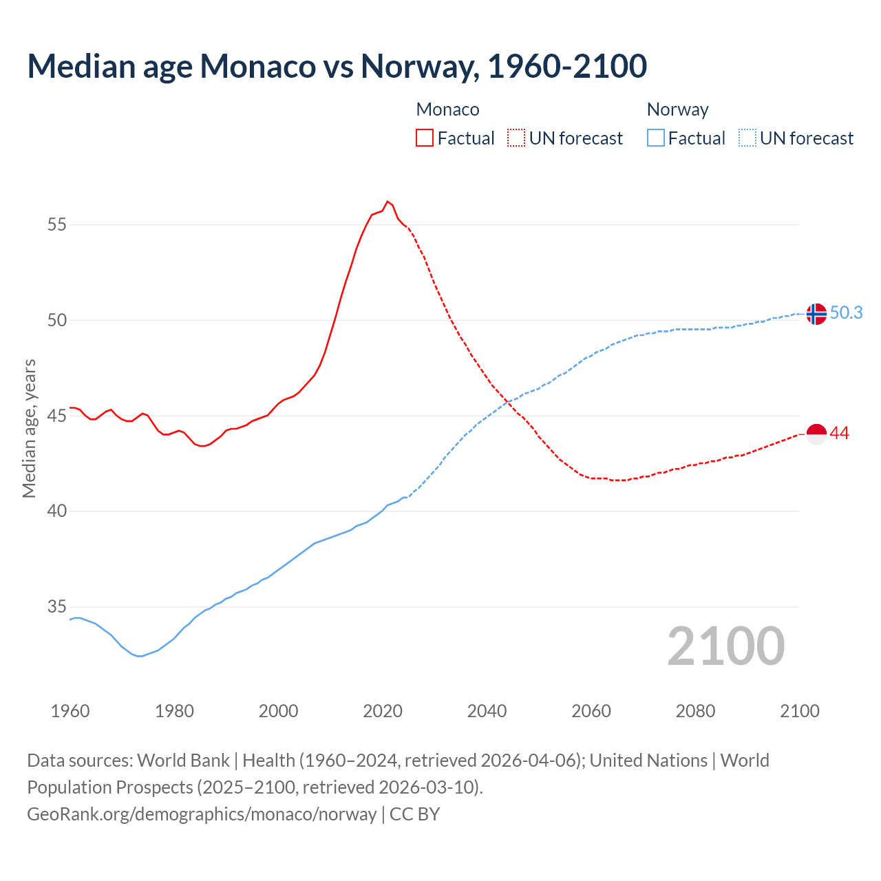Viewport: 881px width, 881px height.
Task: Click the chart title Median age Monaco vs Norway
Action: tap(337, 66)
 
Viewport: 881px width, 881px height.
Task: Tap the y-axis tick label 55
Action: tap(57, 224)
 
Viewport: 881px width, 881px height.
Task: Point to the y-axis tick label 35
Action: tap(57, 607)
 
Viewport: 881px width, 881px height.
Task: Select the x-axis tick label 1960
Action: tap(70, 711)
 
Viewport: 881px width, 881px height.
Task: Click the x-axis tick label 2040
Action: tap(487, 711)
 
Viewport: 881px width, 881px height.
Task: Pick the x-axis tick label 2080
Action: tap(695, 711)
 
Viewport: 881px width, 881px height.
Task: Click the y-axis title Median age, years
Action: tap(29, 428)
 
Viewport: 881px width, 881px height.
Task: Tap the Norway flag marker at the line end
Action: tap(816, 314)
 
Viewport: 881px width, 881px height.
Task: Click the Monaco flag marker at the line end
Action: tap(816, 434)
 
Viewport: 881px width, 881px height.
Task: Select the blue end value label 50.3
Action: tap(846, 313)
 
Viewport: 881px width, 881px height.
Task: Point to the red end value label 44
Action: tap(840, 434)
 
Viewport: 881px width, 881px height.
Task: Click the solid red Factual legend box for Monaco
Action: tap(425, 138)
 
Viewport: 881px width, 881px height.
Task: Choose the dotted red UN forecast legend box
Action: tap(516, 138)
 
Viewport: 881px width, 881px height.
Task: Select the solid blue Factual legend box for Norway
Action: tap(656, 138)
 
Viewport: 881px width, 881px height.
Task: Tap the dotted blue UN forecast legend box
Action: tap(747, 138)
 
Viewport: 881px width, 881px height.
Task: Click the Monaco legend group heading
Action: tap(447, 109)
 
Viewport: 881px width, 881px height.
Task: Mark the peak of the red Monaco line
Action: tap(388, 202)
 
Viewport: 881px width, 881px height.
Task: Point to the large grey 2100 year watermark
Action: tap(726, 646)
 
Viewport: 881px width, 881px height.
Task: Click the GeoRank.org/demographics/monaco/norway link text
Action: tap(202, 814)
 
